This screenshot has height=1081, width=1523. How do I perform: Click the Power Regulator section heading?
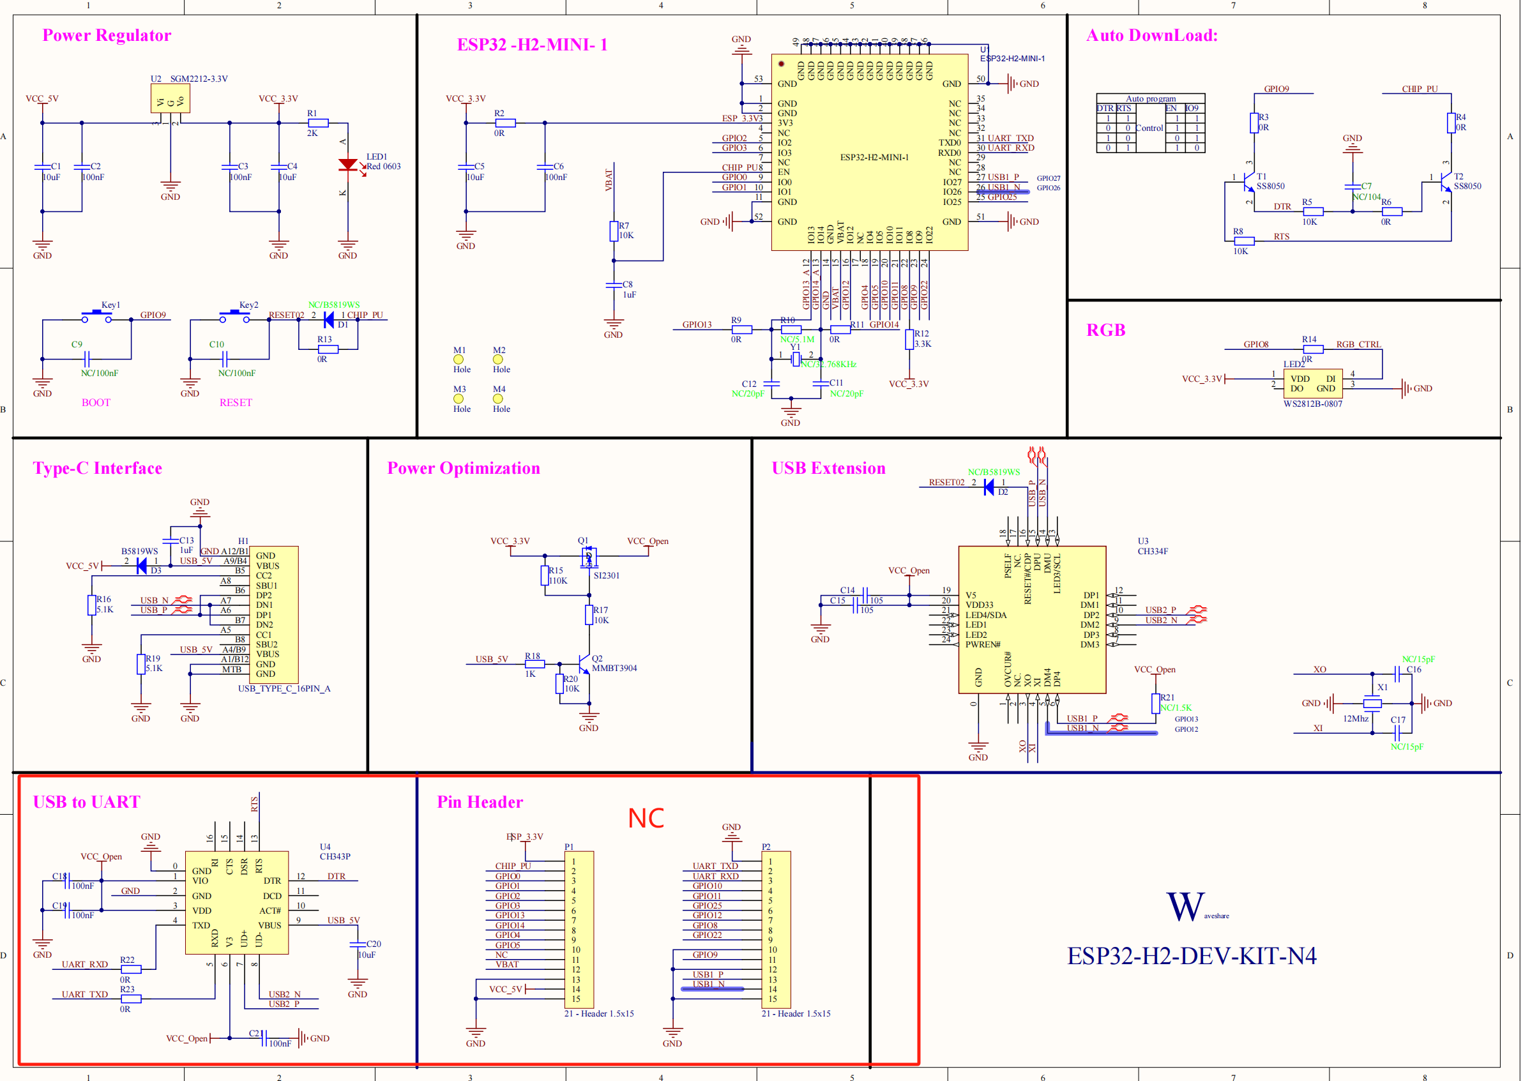(107, 35)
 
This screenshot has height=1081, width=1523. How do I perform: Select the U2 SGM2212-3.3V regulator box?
(170, 99)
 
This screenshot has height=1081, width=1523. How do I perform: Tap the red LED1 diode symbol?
(347, 164)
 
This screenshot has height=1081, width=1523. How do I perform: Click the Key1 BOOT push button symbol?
(98, 317)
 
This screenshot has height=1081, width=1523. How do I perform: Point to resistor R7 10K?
(614, 231)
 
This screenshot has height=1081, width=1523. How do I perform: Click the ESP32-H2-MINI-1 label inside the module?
(874, 157)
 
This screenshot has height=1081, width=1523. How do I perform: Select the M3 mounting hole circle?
(458, 398)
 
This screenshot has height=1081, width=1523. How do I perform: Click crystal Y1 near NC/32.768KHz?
(796, 359)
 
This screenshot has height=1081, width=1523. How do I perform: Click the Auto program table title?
(1150, 98)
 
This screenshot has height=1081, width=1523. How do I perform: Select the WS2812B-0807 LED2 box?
(1313, 383)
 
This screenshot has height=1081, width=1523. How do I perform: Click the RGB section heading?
(1105, 330)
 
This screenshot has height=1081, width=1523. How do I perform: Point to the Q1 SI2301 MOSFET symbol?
(587, 558)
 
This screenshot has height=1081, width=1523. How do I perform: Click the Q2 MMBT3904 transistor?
(584, 664)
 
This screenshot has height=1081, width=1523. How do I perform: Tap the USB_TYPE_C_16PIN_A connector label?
(284, 688)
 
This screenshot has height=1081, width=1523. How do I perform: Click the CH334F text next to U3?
(1152, 551)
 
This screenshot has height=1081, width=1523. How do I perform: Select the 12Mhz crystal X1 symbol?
(1372, 703)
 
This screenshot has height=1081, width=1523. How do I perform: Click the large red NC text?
(646, 818)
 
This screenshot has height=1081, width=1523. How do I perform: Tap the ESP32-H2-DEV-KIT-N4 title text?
(1192, 956)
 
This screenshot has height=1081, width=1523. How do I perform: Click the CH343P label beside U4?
(335, 857)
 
